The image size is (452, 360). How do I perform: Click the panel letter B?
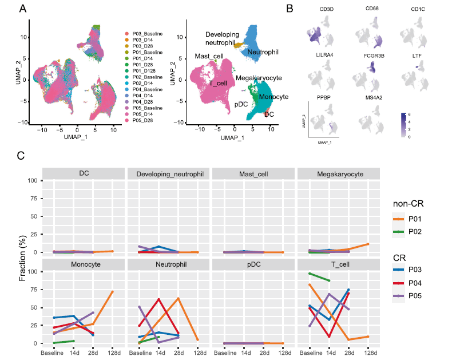(x=290, y=9)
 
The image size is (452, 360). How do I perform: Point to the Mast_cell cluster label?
(x=209, y=56)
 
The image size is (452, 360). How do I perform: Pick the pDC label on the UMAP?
(x=241, y=105)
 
